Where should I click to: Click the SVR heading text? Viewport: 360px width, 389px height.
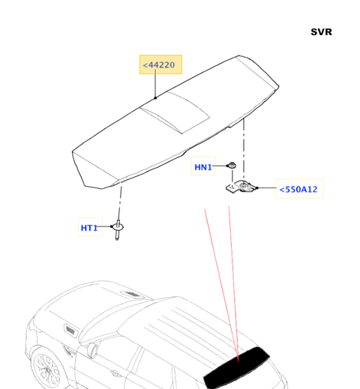(321, 32)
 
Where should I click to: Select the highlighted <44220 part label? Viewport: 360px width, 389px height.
(160, 64)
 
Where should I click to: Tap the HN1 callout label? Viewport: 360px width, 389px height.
(203, 166)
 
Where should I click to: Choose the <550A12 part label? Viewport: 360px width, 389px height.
(299, 189)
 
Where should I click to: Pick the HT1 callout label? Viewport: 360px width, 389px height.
(90, 227)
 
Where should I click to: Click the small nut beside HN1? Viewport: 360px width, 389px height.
(232, 166)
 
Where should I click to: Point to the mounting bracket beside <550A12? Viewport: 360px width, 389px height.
(241, 187)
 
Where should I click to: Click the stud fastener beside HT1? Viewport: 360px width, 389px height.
(118, 229)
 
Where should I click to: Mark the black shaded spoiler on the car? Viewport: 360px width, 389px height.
(236, 367)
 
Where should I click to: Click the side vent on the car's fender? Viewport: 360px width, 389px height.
(70, 331)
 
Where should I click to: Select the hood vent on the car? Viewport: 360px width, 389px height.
(133, 295)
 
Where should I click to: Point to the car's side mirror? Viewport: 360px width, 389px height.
(92, 350)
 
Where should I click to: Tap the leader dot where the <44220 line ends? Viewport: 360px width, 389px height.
(155, 98)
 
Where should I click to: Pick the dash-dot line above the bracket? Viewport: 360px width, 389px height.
(244, 149)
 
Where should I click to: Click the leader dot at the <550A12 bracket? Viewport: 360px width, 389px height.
(257, 188)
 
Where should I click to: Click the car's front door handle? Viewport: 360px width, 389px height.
(115, 373)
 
